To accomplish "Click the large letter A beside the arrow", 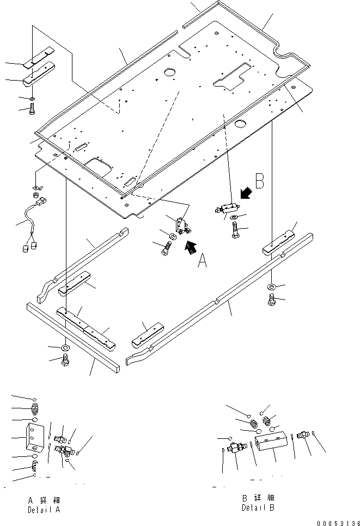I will click(x=202, y=262).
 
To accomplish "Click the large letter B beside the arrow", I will click(x=259, y=181).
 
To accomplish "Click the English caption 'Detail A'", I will click(x=44, y=510).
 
